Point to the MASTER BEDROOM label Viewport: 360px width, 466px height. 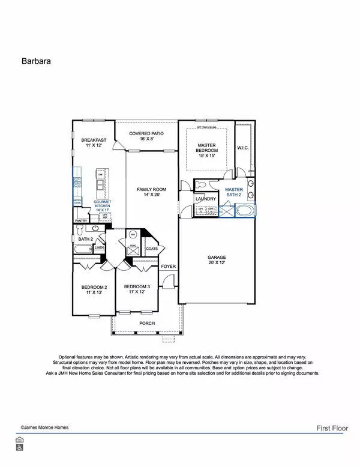[x=207, y=148]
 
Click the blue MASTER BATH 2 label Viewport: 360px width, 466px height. [x=234, y=192]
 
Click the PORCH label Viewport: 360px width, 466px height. [x=146, y=323]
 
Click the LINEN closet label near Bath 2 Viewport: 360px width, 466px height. [x=100, y=247]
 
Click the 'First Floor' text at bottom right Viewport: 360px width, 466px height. [x=334, y=428]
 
